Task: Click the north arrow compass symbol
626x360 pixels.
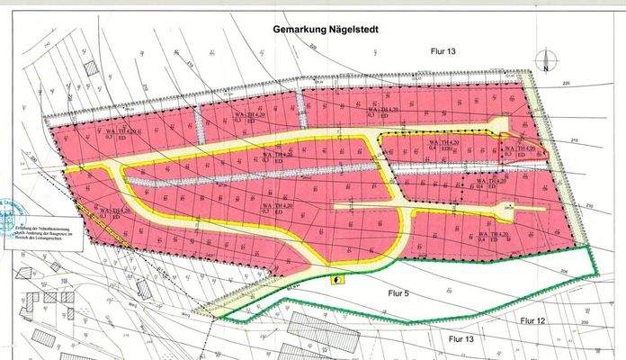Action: [545, 64]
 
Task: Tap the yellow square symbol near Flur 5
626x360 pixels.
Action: [335, 279]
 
